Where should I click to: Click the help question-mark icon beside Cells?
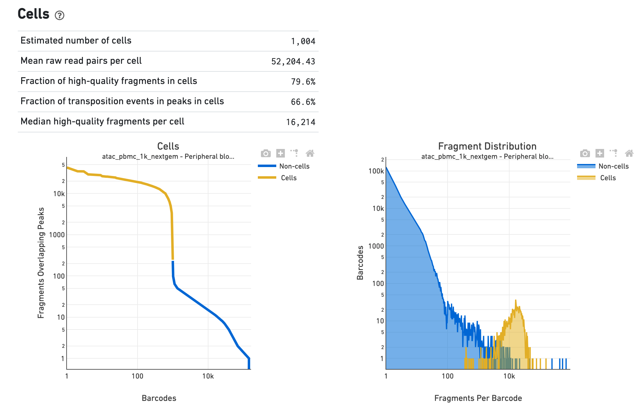(60, 15)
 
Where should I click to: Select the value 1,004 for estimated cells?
(303, 41)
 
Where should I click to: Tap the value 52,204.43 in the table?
(293, 62)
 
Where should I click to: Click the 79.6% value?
(303, 82)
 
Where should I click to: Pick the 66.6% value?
(303, 102)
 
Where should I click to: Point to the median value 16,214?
(301, 122)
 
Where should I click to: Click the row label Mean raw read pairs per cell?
(81, 61)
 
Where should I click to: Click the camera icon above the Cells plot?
(266, 153)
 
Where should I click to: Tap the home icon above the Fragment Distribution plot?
(629, 153)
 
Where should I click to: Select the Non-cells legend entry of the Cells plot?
(294, 166)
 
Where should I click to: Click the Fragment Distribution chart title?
(487, 146)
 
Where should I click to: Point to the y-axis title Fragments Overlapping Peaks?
(41, 263)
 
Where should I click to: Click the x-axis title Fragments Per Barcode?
(478, 398)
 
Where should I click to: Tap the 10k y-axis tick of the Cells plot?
(59, 194)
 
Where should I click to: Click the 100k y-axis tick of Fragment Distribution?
(376, 171)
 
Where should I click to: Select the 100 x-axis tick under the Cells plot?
(137, 376)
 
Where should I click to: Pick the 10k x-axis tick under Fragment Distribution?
(509, 376)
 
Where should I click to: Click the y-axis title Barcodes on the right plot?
(360, 263)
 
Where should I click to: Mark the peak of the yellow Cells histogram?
(515, 300)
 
